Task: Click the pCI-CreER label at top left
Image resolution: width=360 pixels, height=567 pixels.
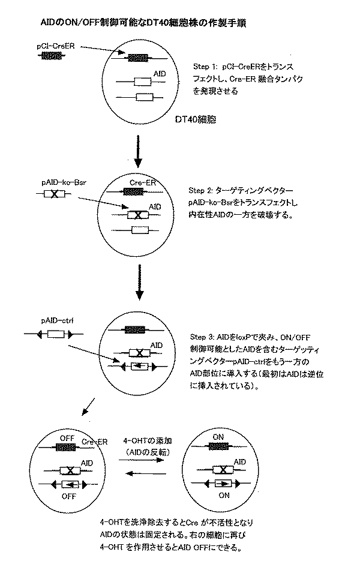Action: tap(57, 46)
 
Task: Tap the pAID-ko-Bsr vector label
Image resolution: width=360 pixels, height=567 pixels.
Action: tap(58, 180)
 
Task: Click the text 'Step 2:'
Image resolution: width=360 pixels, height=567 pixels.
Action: tap(202, 190)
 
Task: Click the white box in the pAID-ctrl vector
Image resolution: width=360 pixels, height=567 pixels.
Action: tap(55, 333)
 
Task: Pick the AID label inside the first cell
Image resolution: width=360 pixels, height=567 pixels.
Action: tap(160, 73)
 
